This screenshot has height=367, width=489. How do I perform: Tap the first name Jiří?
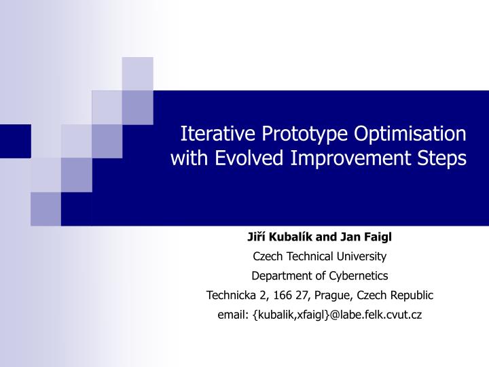[x=255, y=237]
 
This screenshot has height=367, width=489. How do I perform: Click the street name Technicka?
[x=230, y=296]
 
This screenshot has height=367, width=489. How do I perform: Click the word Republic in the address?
[x=410, y=296]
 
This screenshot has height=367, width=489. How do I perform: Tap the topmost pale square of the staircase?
[x=137, y=73]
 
